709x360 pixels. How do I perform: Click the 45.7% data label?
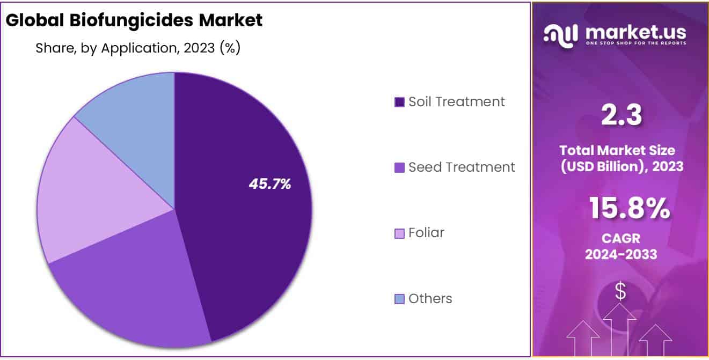coord(269,184)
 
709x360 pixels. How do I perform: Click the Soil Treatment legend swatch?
coord(399,102)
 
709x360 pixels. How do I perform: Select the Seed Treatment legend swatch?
coord(399,168)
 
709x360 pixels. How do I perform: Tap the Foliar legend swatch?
coord(399,233)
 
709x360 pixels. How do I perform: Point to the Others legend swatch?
coord(399,299)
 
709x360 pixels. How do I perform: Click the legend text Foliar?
coord(426,233)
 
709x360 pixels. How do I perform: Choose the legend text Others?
coord(430,298)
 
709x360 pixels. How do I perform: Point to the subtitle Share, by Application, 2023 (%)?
coord(137,48)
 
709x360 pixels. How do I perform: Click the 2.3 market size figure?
coord(622,115)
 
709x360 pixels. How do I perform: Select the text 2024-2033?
coord(621,254)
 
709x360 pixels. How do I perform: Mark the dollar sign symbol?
coord(620,291)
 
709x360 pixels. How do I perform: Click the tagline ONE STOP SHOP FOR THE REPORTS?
coord(635,43)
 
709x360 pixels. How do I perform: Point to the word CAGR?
coord(621,238)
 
